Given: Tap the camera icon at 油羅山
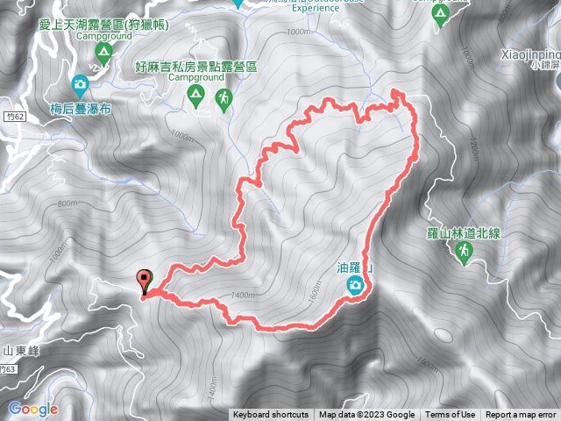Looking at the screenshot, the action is (x=356, y=285).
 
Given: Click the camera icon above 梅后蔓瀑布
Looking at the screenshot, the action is (x=80, y=86).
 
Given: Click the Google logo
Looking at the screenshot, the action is (x=33, y=409).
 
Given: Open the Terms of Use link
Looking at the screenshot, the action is (x=450, y=415).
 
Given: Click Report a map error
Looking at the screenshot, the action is (x=521, y=415).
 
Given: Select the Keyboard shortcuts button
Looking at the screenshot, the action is (x=271, y=415).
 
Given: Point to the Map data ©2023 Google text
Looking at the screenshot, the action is (x=366, y=415).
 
